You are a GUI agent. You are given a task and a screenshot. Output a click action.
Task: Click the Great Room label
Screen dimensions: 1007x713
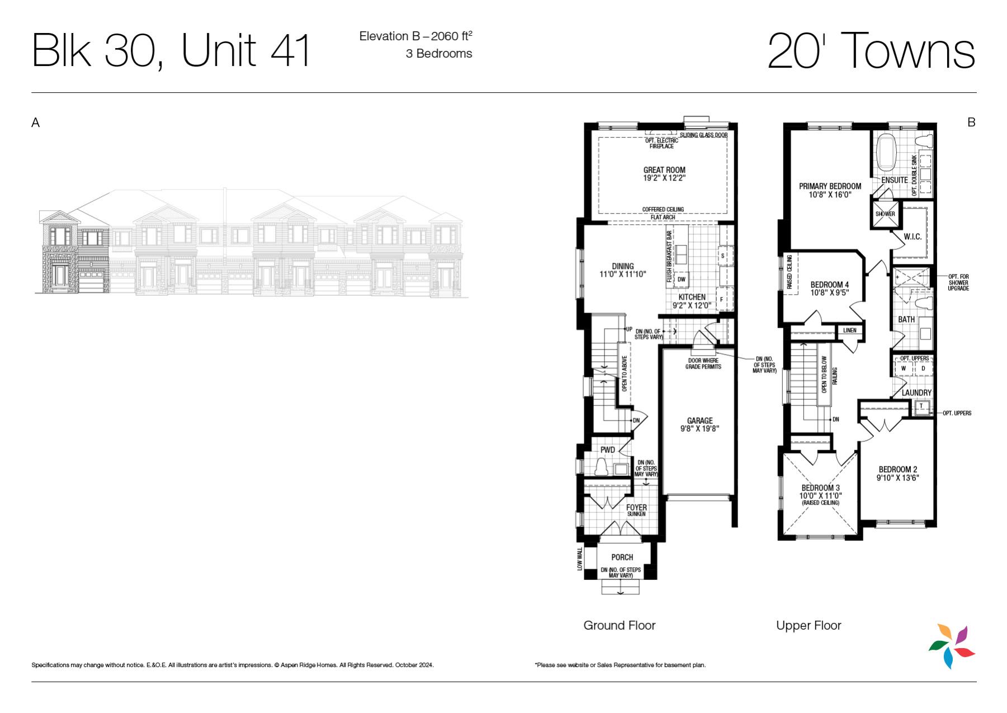click(x=664, y=170)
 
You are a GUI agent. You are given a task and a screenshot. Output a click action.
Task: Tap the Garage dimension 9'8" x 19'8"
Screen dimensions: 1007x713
click(x=700, y=429)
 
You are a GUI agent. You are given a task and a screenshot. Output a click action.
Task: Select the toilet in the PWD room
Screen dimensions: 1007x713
click(x=602, y=467)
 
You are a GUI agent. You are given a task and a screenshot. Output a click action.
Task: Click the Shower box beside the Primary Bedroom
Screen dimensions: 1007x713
click(x=885, y=214)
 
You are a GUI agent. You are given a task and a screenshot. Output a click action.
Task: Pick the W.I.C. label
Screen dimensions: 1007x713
click(x=913, y=237)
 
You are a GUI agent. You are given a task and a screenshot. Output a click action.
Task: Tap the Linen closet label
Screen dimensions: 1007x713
click(x=849, y=330)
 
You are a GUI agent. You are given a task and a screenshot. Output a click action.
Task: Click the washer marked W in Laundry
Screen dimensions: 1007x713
click(x=903, y=369)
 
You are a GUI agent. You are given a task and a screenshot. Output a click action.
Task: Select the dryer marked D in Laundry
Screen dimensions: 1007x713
click(x=923, y=369)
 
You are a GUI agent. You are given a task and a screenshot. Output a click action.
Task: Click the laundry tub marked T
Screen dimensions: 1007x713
click(x=921, y=406)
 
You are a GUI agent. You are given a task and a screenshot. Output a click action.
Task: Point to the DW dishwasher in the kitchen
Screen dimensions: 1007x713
click(x=681, y=279)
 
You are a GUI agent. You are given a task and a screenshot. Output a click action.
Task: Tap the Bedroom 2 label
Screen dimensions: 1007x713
click(x=897, y=469)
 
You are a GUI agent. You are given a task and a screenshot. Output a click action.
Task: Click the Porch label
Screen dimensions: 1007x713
click(x=622, y=557)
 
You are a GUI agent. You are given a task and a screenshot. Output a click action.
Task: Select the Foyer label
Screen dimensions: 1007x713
click(x=636, y=507)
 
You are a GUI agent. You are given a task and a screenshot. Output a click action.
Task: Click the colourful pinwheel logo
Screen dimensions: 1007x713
click(x=952, y=646)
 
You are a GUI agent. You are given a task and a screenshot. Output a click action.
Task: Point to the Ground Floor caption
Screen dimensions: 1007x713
click(x=620, y=625)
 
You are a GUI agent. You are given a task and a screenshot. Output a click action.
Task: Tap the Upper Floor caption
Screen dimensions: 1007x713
click(x=809, y=625)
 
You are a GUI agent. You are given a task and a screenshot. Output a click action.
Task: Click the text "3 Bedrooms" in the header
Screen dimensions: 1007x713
click(x=439, y=54)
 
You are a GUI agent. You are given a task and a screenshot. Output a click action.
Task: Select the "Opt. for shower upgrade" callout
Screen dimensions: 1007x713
click(x=958, y=282)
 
